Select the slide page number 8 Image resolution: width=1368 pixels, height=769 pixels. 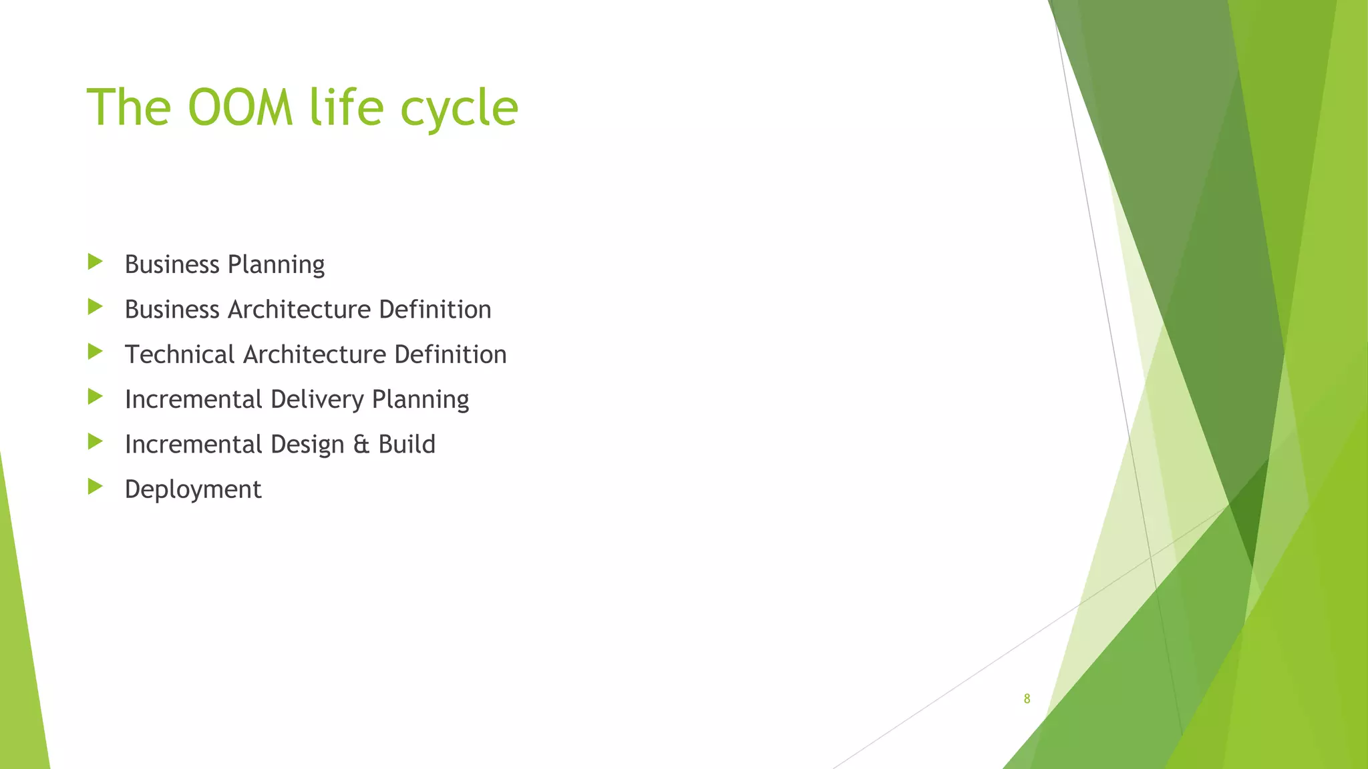1027,699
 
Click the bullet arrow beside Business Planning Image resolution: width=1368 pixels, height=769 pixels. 95,262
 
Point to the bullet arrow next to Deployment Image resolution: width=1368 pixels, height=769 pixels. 95,487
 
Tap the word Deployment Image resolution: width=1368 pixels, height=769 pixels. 193,490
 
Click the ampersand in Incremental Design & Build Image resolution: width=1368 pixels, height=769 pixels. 361,445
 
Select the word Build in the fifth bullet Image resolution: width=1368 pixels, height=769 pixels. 407,445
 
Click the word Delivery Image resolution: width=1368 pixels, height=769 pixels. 317,400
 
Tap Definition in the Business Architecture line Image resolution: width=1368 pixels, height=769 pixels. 435,310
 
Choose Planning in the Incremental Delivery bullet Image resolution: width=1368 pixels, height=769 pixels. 420,400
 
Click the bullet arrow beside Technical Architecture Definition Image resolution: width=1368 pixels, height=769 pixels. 95,351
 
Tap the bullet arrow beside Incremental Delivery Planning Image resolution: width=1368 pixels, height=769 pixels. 95,397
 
